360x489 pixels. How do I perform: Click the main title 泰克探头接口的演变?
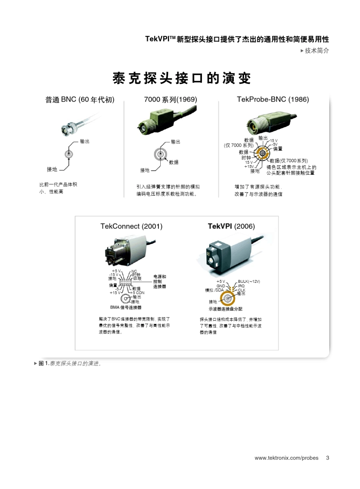pos(182,79)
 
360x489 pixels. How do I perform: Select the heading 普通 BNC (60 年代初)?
pos(80,100)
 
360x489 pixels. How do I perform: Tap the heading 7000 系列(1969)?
pos(171,100)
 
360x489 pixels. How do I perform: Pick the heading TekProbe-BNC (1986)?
pos(273,100)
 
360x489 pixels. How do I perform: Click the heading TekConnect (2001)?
pos(131,226)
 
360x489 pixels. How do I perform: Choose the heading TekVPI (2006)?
pos(231,226)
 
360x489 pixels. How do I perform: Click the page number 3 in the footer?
pos(327,458)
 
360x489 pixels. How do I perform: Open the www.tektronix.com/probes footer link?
pos(286,458)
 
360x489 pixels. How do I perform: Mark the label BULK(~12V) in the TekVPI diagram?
pos(249,281)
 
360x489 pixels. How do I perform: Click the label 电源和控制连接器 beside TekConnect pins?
pos(160,282)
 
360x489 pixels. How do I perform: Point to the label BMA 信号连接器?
pos(125,307)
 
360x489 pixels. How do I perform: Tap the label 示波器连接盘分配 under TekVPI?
pos(225,309)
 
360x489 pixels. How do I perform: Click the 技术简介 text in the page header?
pos(317,50)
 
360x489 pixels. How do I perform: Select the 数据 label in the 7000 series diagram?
pos(174,162)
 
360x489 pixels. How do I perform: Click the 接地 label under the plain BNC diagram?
pos(52,169)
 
